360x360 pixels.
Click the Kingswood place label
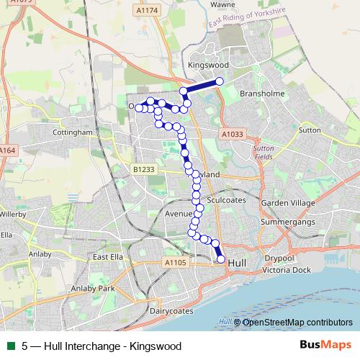pos(207,65)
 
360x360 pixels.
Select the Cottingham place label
pos(73,132)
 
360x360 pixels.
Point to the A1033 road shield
pos(233,134)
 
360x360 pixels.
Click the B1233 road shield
pos(143,168)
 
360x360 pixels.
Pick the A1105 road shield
pos(175,263)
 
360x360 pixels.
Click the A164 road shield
pos(7,150)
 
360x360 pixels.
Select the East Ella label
pos(109,257)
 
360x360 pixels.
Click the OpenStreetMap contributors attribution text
pos(297,322)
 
